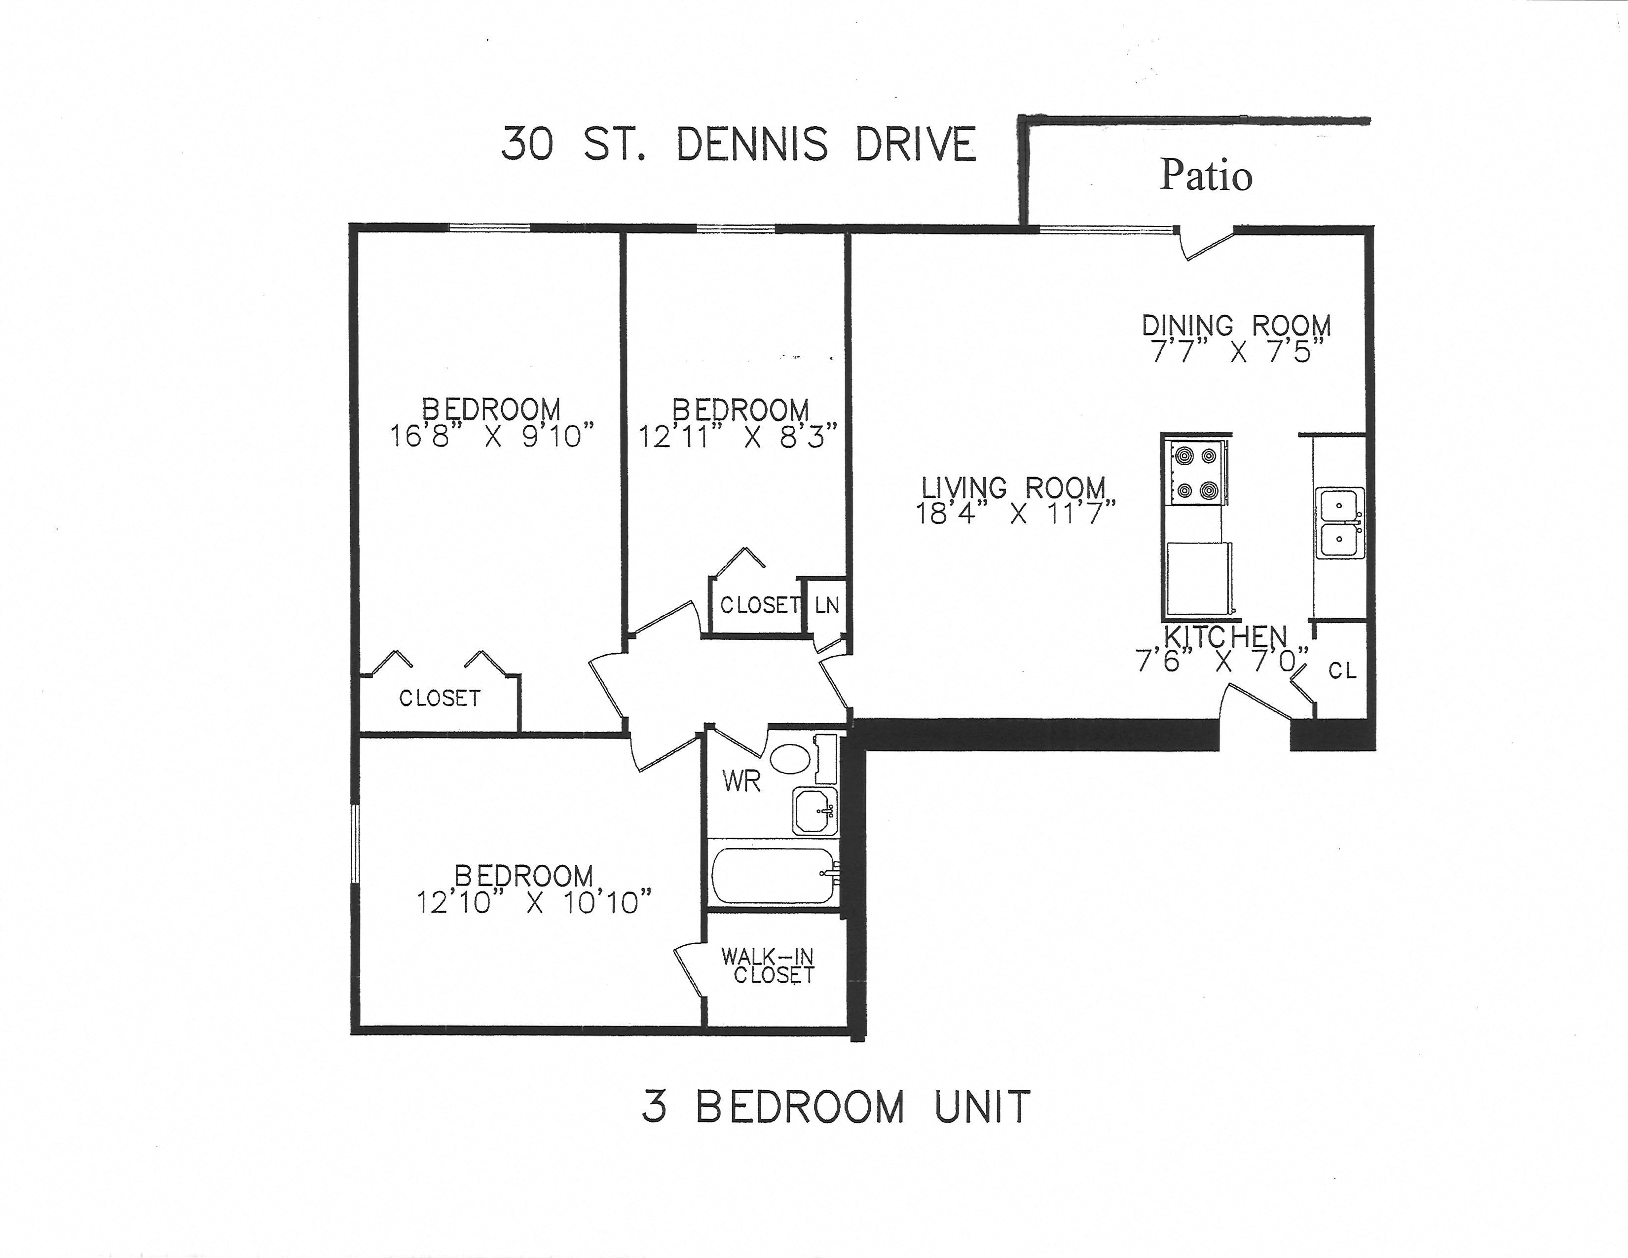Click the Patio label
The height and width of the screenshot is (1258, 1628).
[1205, 176]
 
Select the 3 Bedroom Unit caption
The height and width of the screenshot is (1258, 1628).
[836, 1106]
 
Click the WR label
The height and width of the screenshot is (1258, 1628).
[741, 782]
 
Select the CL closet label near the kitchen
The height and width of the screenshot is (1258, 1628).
[1342, 671]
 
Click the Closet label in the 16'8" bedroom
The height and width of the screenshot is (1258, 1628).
[440, 698]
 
